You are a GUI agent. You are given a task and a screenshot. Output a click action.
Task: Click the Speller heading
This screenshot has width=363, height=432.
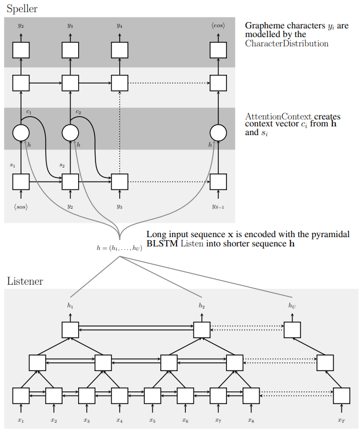tap(22, 9)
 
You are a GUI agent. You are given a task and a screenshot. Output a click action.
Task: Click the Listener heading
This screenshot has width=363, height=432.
tap(25, 281)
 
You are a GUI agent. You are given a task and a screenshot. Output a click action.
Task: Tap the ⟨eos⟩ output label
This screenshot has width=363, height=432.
tap(218, 26)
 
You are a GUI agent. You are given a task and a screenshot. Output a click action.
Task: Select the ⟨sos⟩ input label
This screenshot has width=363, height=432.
tap(21, 207)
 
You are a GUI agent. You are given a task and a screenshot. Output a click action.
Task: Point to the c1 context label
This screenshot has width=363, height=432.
tap(29, 112)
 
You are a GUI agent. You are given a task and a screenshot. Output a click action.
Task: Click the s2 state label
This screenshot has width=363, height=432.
tap(62, 165)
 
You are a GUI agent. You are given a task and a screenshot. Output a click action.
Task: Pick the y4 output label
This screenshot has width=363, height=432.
tap(119, 26)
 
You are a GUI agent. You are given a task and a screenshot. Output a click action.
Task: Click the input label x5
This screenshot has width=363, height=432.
tap(152, 420)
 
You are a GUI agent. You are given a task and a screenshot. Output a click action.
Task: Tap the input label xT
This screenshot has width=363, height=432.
tap(342, 420)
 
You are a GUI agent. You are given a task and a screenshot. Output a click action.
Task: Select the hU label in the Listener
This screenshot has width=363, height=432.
tap(292, 305)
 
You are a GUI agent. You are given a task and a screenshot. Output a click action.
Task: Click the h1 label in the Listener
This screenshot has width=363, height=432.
tap(70, 305)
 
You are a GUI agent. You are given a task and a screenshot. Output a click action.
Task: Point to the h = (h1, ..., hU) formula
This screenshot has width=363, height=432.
tap(119, 248)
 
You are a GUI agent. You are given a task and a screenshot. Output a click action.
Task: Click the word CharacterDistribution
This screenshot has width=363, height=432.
tap(287, 43)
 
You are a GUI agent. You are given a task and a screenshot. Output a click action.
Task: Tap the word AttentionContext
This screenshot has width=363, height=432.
tap(278, 117)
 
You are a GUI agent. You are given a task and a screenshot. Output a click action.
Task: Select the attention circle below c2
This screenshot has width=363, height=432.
tap(70, 133)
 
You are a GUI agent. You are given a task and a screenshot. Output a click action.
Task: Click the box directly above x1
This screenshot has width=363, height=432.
tap(21, 395)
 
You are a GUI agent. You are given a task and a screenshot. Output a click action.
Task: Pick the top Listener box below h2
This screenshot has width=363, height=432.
tap(202, 330)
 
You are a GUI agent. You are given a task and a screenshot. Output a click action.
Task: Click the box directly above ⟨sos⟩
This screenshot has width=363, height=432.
tap(21, 182)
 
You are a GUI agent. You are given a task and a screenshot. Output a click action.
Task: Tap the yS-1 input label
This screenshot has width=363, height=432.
tap(218, 206)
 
